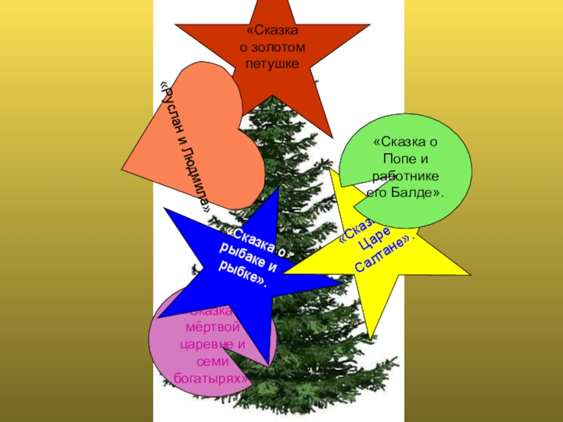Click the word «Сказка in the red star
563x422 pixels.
point(274,32)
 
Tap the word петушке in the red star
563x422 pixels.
point(273,63)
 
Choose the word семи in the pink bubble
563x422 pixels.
point(213,362)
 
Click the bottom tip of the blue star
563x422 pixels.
point(268,365)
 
